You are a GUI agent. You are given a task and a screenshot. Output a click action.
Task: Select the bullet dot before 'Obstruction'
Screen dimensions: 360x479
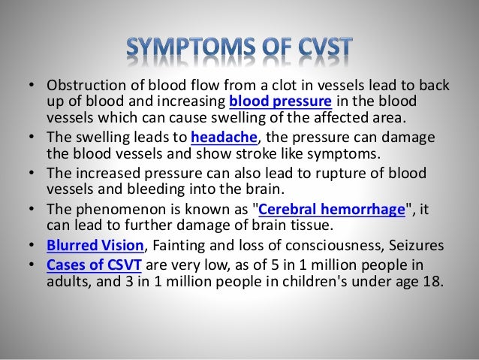[x=29, y=85]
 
